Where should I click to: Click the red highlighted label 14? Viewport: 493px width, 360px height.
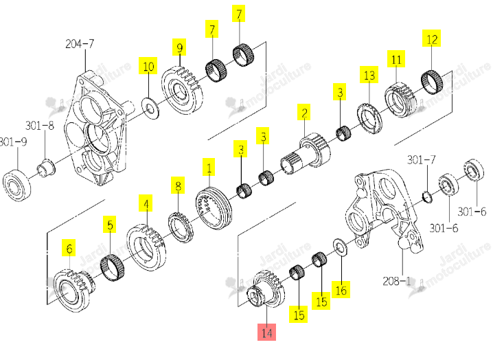[266, 333]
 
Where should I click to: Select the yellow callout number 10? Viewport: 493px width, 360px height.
[148, 66]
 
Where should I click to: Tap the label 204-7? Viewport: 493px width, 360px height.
[80, 43]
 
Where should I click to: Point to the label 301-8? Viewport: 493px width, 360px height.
[40, 126]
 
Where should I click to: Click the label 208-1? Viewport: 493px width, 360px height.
[397, 281]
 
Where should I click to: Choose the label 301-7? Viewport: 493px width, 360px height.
[422, 160]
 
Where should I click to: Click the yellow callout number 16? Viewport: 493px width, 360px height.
[341, 289]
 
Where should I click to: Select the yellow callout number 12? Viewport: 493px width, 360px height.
[432, 38]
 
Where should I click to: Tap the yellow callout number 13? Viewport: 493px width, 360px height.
[369, 75]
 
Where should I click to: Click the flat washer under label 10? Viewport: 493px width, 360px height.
[150, 109]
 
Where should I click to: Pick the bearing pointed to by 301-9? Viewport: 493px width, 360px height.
[17, 184]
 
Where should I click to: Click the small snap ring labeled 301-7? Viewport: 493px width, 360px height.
[428, 196]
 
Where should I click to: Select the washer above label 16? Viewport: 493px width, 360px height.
[340, 247]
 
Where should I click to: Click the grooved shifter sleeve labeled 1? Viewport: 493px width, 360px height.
[214, 205]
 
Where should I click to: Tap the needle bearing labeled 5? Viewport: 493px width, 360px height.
[112, 267]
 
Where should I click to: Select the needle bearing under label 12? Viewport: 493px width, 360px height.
[432, 82]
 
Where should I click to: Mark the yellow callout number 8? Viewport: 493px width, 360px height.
[178, 185]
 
